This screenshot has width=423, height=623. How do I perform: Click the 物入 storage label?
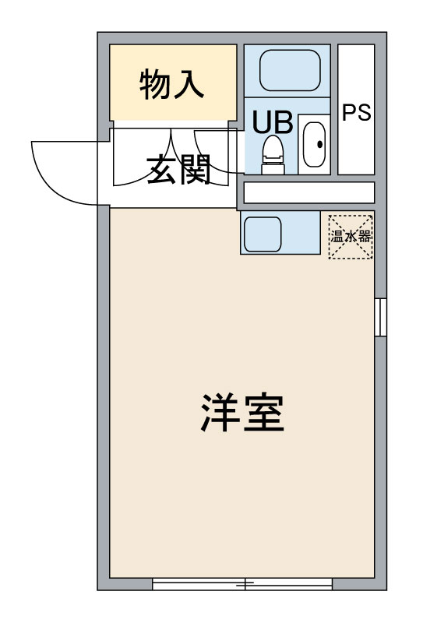point(171,84)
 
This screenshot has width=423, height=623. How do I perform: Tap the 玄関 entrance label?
point(178,170)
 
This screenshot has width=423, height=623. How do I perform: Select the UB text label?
point(273,122)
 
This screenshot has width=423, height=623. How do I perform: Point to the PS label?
point(357,112)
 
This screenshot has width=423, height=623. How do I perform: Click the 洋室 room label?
point(242,413)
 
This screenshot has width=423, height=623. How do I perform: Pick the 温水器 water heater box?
point(351,237)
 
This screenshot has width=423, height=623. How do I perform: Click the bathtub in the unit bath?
point(290,70)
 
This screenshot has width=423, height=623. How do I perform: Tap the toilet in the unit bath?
point(273,154)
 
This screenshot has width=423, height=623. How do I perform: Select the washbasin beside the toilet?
point(315,144)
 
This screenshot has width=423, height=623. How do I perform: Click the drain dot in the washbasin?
point(319,144)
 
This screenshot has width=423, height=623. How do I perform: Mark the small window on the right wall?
point(380,317)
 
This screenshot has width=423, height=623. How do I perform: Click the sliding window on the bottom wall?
point(242,583)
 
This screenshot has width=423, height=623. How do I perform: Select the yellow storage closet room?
point(174,83)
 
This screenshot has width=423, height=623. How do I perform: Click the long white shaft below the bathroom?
point(309,192)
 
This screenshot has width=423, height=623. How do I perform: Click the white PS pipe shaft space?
point(356,109)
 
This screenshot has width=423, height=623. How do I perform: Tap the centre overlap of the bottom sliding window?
point(245,583)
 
